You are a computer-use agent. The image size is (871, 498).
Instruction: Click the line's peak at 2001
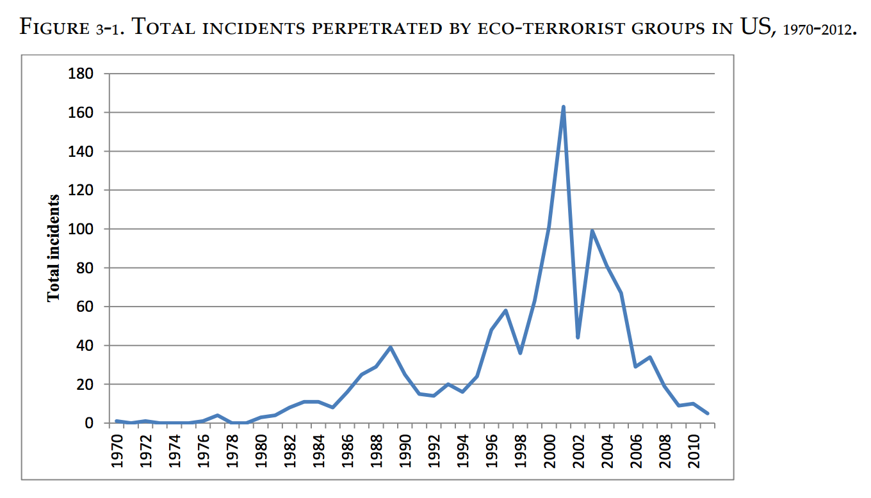pyautogui.click(x=563, y=107)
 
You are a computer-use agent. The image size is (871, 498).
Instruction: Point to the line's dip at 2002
pyautogui.click(x=578, y=337)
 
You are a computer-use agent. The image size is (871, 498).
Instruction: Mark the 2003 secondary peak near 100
pyautogui.click(x=592, y=230)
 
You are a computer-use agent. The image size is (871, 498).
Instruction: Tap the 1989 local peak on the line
pyautogui.click(x=390, y=347)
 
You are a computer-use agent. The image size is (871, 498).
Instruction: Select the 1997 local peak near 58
pyautogui.click(x=506, y=310)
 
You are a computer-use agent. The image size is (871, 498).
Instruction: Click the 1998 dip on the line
pyautogui.click(x=520, y=353)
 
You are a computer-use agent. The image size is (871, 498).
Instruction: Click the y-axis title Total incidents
pyautogui.click(x=54, y=248)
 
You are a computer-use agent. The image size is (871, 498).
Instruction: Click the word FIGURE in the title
pyautogui.click(x=55, y=29)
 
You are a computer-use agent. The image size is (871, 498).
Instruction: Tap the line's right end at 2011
pyautogui.click(x=708, y=414)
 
